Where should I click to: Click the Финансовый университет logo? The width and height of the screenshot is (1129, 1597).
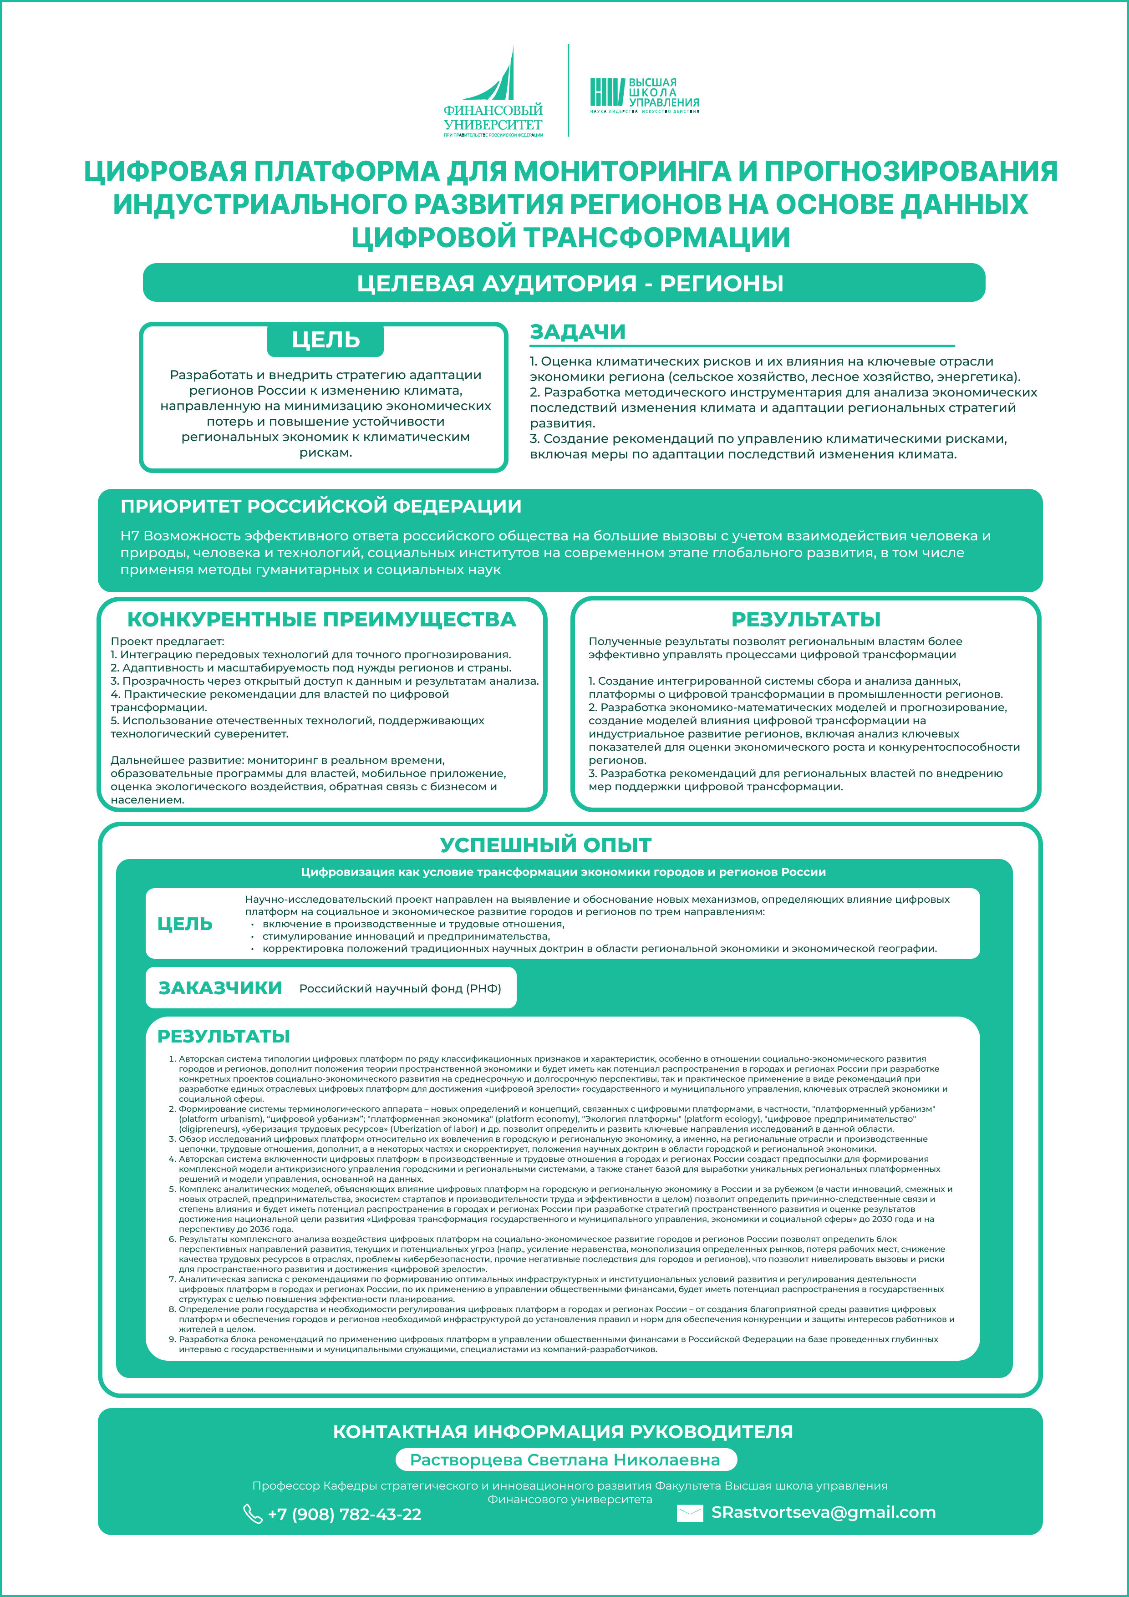(493, 92)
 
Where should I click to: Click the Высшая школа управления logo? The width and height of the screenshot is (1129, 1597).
(644, 95)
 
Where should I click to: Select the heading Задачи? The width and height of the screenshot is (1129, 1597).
(577, 332)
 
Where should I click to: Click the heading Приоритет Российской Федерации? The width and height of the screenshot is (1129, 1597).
(320, 506)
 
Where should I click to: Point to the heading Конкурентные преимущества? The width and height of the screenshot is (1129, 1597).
(321, 619)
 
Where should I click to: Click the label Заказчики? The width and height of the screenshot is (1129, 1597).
(220, 988)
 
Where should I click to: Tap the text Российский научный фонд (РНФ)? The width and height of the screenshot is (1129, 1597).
(400, 988)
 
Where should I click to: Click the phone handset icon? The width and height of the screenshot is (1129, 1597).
(252, 1514)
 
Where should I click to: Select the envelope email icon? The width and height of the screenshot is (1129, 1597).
(689, 1513)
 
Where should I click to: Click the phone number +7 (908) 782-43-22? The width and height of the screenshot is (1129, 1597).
(344, 1514)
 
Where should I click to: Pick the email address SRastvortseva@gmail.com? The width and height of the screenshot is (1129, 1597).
(823, 1512)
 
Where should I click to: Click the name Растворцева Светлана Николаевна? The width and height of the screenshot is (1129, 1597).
(565, 1459)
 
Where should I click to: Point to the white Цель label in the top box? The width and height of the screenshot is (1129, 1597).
(325, 340)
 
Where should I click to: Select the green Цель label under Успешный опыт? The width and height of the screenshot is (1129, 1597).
(184, 924)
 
